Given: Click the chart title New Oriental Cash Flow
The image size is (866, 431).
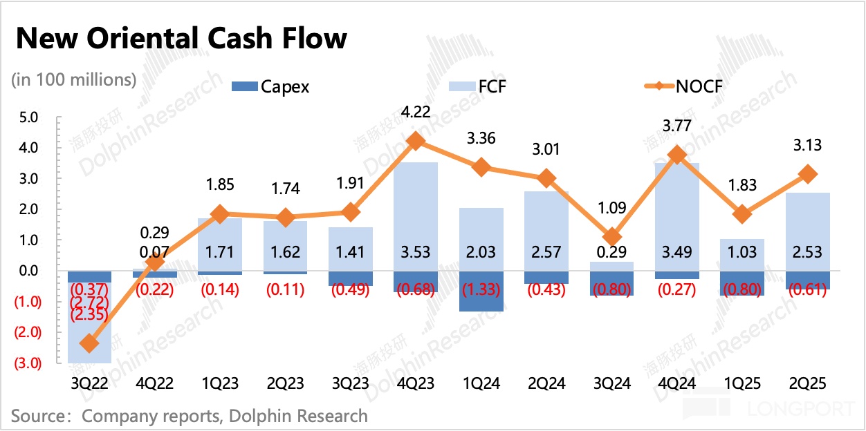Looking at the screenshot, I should (x=181, y=39).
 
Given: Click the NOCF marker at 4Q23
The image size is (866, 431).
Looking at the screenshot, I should (x=416, y=141).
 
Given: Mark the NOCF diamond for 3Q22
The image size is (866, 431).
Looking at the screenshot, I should (x=89, y=343).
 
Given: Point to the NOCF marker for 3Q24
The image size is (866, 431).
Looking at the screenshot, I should (x=612, y=238).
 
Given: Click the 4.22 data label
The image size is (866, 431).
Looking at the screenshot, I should (x=416, y=113).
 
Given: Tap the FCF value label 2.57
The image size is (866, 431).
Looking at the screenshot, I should (x=546, y=252).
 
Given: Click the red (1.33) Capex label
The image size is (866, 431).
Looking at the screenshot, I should (x=481, y=289).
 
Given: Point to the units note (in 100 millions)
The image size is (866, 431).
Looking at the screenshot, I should (x=74, y=79).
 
